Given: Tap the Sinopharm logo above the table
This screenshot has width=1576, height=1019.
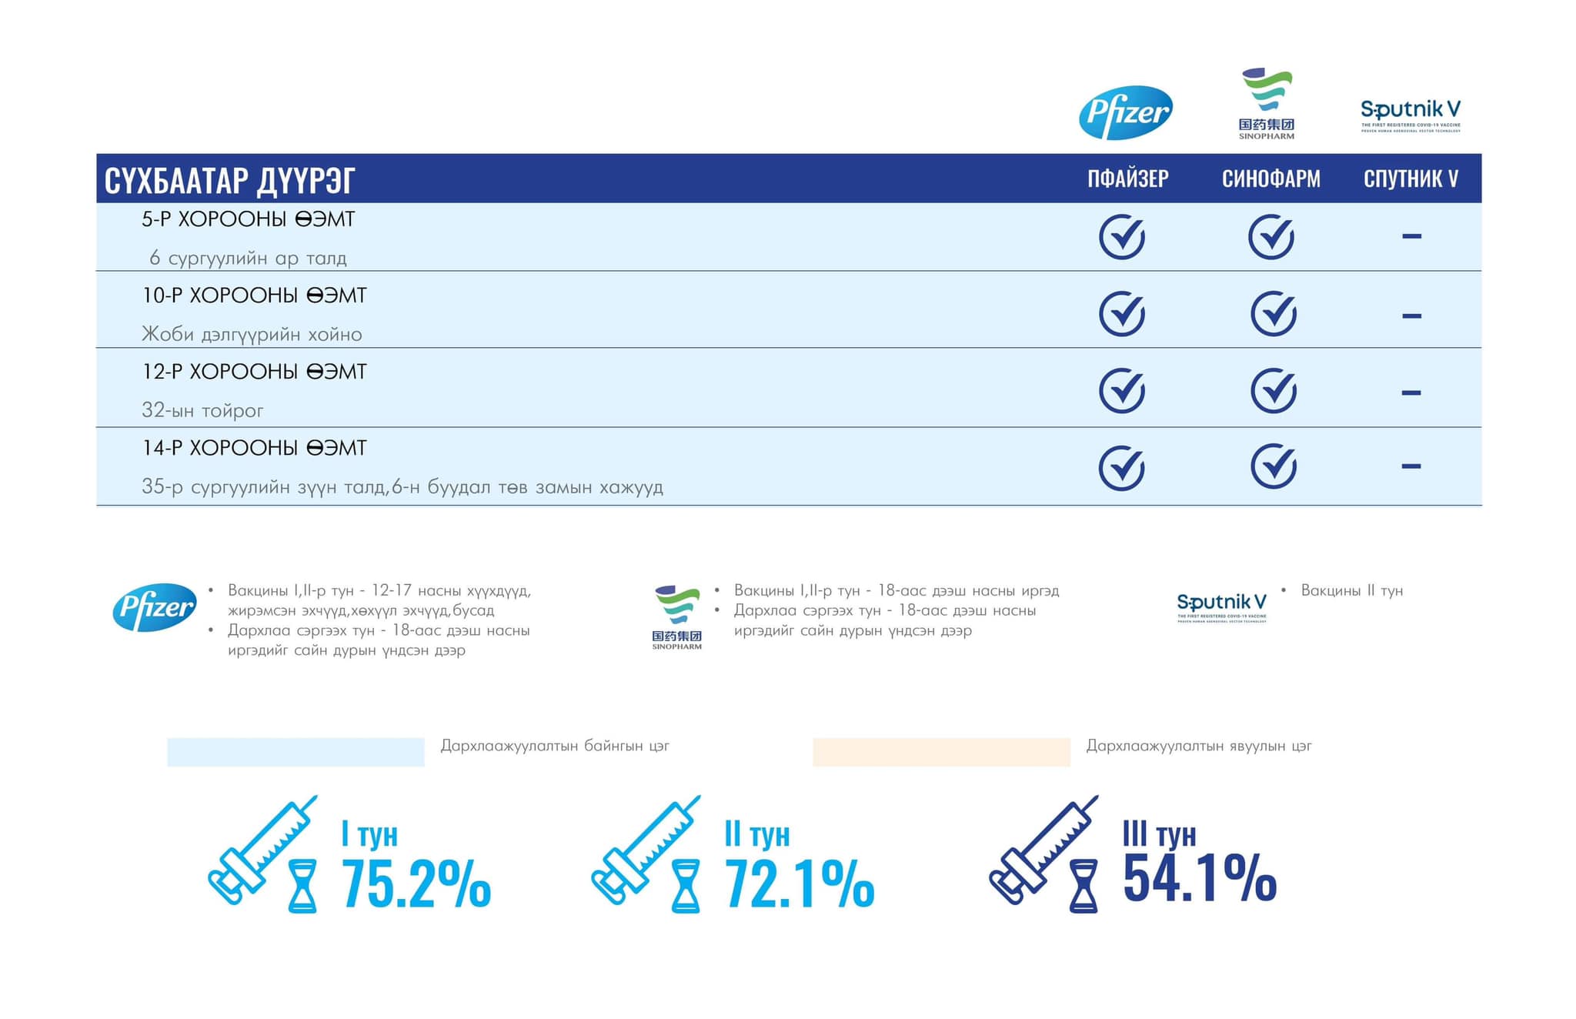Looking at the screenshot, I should (x=1267, y=103).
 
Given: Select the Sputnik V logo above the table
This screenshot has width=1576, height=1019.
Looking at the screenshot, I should (x=1410, y=115).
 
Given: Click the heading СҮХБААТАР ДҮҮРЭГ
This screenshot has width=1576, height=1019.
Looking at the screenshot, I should (x=229, y=180).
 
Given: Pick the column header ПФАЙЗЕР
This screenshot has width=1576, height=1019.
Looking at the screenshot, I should (x=1127, y=179).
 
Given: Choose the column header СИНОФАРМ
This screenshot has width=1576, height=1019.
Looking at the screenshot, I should (x=1270, y=179).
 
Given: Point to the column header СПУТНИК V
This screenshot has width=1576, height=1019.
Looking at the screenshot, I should (x=1411, y=179).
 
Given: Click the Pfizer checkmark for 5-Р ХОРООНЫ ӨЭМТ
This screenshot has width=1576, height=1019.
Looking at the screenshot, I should (x=1122, y=237).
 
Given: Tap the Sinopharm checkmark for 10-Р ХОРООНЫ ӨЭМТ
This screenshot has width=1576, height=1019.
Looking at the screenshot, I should (x=1274, y=313).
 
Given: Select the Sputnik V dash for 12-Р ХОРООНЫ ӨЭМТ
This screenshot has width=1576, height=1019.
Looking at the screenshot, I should (x=1411, y=393).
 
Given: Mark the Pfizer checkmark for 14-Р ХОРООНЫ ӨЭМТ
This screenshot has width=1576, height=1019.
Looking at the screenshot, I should (x=1122, y=467).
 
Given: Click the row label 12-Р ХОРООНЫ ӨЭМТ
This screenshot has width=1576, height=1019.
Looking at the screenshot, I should (x=254, y=372).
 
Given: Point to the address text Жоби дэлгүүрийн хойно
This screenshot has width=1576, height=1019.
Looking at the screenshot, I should (x=252, y=334).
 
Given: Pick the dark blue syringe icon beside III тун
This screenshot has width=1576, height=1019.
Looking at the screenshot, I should (x=1043, y=850).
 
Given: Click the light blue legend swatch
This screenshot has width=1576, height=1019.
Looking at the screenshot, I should (x=295, y=752).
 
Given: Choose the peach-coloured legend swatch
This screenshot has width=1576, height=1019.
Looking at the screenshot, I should (x=941, y=752).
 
